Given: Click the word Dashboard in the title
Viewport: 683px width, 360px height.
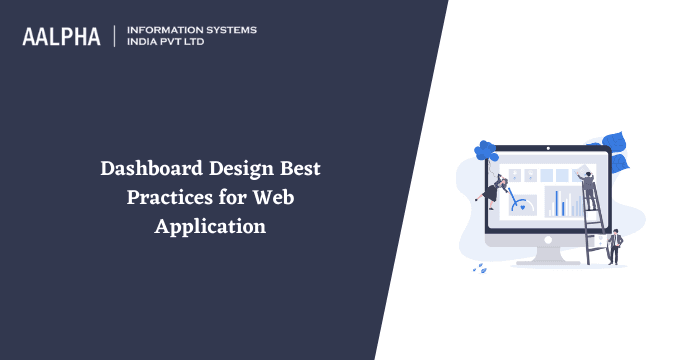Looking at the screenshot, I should pos(150,169).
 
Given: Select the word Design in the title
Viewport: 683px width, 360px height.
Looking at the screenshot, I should pos(240,169).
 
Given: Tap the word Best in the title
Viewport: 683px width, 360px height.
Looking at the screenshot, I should pos(302,169).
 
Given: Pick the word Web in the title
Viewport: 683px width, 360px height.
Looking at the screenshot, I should pos(273,197).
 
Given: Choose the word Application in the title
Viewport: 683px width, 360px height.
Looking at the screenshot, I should pos(210,226).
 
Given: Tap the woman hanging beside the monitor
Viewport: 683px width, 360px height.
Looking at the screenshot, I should pos(494,187).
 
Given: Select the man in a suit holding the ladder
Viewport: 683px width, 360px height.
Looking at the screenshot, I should pos(615,244).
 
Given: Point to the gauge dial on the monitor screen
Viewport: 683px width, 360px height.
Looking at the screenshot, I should pos(520,205).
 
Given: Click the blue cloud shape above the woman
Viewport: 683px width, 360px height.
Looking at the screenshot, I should pos(487,151).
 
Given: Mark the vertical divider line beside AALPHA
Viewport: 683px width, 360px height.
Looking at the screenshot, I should pos(115,36).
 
